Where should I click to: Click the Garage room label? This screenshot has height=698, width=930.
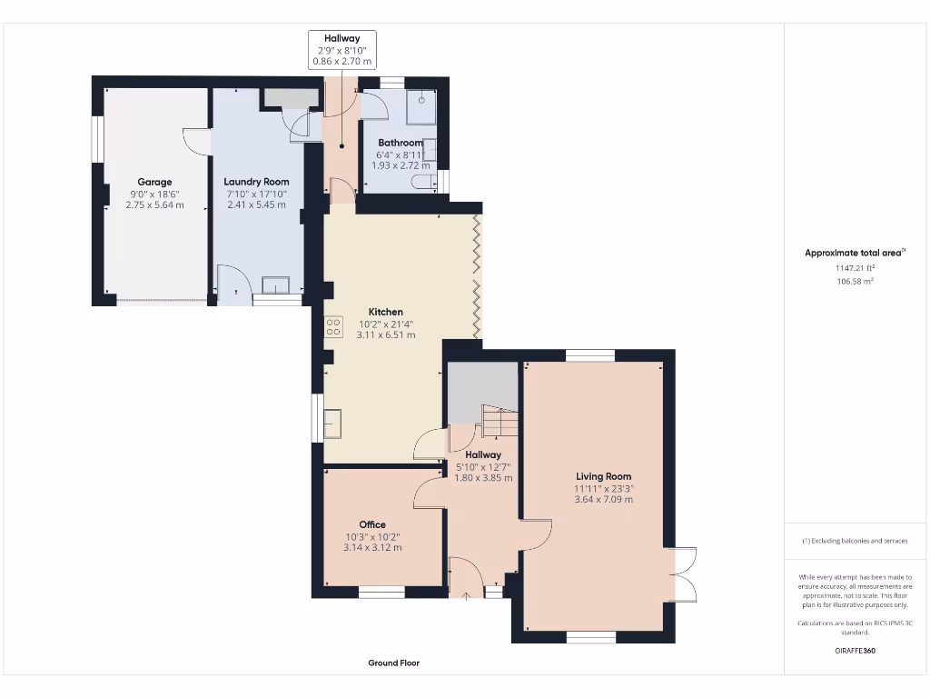click(154, 182)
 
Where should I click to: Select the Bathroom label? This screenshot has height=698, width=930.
click(400, 143)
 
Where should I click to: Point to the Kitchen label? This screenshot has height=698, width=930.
click(386, 312)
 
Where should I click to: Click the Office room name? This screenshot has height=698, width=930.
click(372, 524)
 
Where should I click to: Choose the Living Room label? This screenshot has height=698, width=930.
click(603, 476)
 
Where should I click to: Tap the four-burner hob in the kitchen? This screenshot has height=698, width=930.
click(333, 326)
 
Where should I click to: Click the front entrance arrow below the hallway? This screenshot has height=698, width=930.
click(467, 597)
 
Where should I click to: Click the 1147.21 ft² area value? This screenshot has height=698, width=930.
click(856, 268)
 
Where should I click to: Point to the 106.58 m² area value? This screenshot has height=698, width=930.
click(856, 282)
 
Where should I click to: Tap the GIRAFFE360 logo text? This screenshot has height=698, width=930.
click(856, 651)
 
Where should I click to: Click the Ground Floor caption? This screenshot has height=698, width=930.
click(394, 663)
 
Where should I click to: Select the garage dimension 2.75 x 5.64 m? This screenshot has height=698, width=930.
click(154, 204)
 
